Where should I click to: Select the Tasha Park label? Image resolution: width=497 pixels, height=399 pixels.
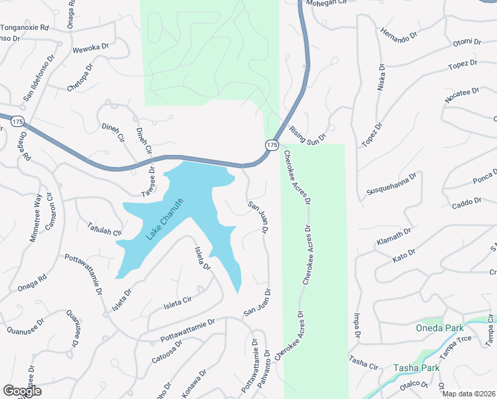pyautogui.click(x=417, y=368)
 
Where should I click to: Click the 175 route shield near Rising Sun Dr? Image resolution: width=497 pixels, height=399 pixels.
pyautogui.click(x=271, y=144)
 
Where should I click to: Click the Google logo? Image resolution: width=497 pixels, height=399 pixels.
pyautogui.click(x=21, y=391)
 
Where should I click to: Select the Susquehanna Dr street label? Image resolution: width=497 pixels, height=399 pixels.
pyautogui.click(x=391, y=185)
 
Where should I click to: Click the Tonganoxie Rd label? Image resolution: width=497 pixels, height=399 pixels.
pyautogui.click(x=25, y=28)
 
